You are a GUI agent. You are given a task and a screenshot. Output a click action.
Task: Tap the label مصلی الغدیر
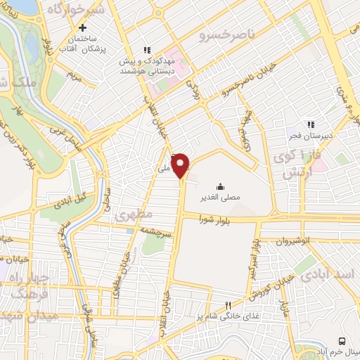[221, 198]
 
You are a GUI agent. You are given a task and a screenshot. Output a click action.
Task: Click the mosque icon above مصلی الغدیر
[221, 187]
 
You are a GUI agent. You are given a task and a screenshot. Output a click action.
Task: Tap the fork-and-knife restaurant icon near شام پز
[227, 305]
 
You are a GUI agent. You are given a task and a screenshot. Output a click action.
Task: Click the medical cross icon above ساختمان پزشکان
[83, 28]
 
